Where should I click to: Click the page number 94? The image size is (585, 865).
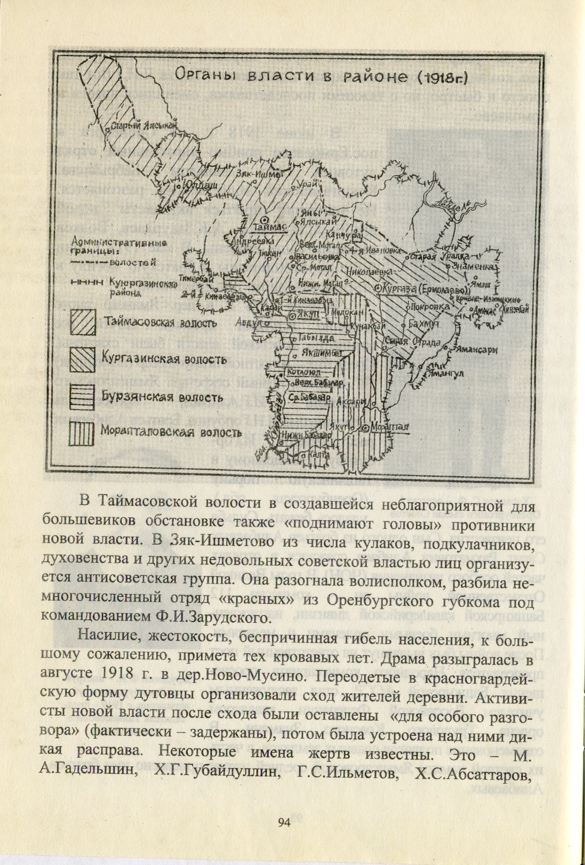point(282,822)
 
